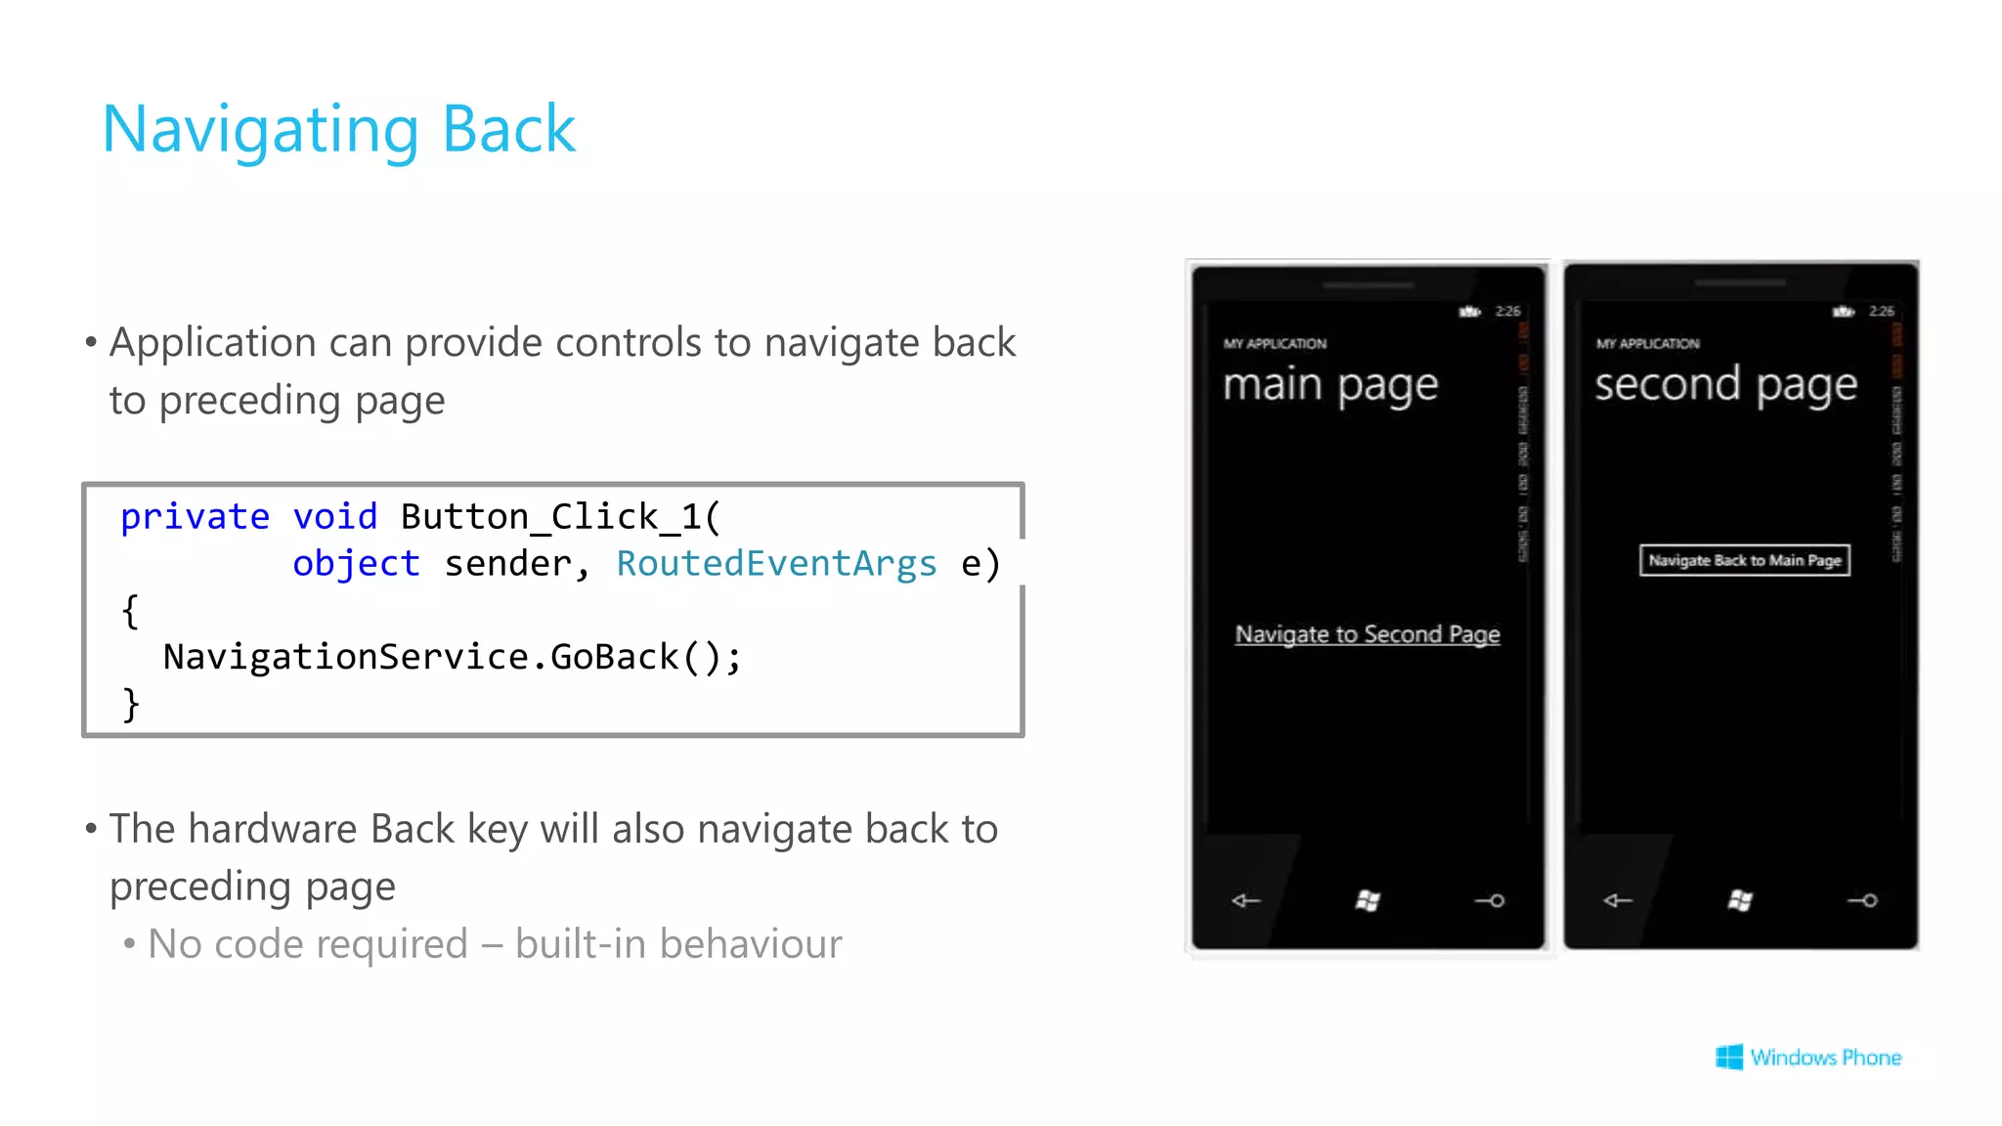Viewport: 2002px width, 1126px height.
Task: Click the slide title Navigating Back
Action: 338,129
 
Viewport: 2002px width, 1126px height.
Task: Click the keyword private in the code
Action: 195,516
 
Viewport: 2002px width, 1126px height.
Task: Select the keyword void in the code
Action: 334,516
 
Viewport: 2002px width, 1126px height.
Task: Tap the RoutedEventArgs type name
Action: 776,563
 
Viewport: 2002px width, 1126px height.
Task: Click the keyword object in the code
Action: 356,563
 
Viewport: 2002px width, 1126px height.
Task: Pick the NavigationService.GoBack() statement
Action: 452,657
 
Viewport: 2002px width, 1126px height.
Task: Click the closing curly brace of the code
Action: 130,704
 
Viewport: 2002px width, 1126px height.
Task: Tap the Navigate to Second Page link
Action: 1367,634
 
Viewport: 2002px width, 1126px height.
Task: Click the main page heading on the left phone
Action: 1330,384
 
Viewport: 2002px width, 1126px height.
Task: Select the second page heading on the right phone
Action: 1725,384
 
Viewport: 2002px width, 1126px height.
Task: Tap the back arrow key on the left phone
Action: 1245,900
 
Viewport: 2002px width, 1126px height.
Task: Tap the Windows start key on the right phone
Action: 1740,900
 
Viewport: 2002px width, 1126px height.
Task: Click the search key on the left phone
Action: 1489,900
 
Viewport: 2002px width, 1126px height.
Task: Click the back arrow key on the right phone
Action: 1618,900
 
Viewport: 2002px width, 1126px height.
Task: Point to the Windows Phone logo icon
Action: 1728,1057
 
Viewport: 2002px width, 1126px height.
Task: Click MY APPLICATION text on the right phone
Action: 1647,344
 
